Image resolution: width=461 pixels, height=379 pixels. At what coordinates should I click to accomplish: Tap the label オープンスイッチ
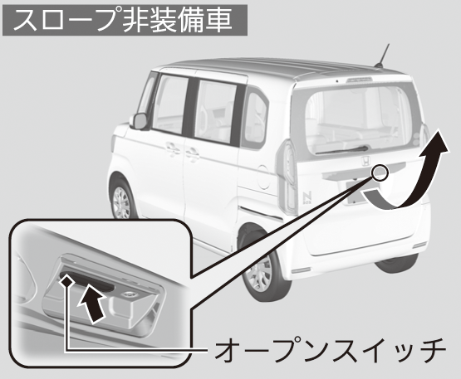coord(330,350)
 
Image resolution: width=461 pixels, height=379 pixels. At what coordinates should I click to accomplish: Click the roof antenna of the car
coord(382,56)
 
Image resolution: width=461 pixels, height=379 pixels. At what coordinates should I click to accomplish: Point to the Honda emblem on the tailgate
coord(365,161)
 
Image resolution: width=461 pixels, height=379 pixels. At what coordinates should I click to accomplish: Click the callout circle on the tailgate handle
coord(380,172)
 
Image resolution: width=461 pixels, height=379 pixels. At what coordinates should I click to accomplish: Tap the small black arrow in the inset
coord(91,304)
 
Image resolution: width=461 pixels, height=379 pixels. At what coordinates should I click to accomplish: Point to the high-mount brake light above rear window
coord(360,80)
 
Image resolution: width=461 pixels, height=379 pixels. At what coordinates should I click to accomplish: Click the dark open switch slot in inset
coord(86,282)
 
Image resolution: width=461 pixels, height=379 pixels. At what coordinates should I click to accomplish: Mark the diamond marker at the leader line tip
coord(67,281)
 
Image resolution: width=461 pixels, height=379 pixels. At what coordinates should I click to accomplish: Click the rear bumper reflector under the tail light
coord(300,270)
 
